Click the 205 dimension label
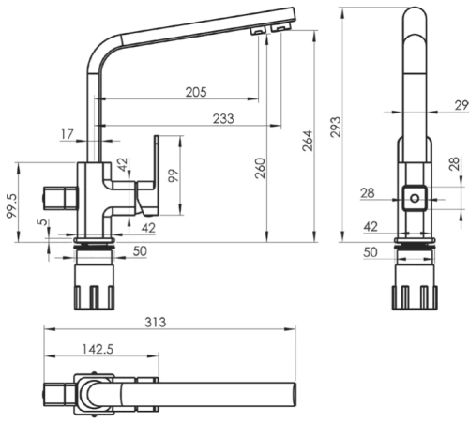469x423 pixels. click(x=196, y=92)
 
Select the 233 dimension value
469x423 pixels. click(x=223, y=119)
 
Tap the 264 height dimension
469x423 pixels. click(x=308, y=141)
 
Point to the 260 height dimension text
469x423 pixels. click(x=260, y=168)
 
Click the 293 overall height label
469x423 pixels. click(x=336, y=127)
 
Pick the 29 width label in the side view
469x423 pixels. click(x=461, y=105)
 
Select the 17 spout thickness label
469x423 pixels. click(x=67, y=134)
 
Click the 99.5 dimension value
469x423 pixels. click(x=12, y=205)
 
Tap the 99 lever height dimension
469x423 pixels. click(x=174, y=175)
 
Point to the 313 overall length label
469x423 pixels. click(x=156, y=322)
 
